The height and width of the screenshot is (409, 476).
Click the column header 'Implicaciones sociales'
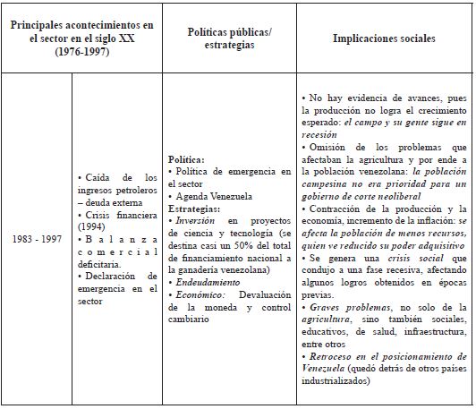pyautogui.click(x=384, y=39)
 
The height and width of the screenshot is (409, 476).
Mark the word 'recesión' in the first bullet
pyautogui.click(x=322, y=132)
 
